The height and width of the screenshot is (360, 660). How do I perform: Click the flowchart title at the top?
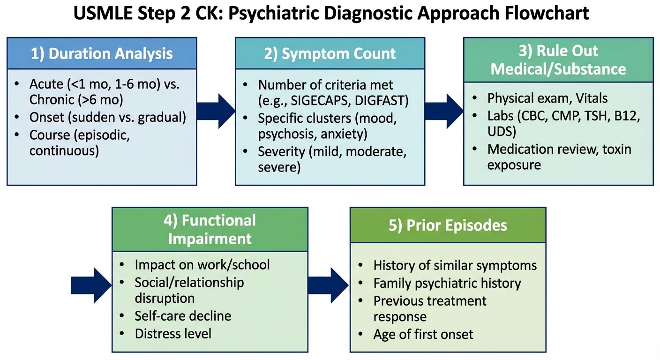pyautogui.click(x=330, y=14)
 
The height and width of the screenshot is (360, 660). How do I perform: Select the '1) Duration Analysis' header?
pyautogui.click(x=101, y=53)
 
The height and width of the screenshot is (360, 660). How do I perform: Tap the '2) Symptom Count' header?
pyautogui.click(x=330, y=53)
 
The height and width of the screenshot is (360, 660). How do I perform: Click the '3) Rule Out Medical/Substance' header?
pyautogui.click(x=558, y=60)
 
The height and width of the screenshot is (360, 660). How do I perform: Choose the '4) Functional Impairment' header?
pyautogui.click(x=210, y=229)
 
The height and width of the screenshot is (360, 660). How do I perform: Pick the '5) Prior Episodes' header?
pyautogui.click(x=448, y=225)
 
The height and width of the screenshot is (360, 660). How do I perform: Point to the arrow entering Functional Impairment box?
pyautogui.click(x=90, y=285)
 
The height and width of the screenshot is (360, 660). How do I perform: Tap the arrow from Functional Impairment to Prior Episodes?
pyautogui.click(x=329, y=285)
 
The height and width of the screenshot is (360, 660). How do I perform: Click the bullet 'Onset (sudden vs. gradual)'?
pyautogui.click(x=107, y=117)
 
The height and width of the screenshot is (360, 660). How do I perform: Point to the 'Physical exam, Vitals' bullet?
pyautogui.click(x=547, y=98)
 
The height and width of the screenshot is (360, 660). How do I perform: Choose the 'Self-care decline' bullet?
pyautogui.click(x=183, y=316)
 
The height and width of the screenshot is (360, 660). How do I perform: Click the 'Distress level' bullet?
pyautogui.click(x=173, y=333)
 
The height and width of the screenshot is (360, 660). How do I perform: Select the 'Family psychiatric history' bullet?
pyautogui.click(x=447, y=283)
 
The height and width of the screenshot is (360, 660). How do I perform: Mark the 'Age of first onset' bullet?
pyautogui.click(x=423, y=334)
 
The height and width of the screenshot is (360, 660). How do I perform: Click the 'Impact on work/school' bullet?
pyautogui.click(x=202, y=265)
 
